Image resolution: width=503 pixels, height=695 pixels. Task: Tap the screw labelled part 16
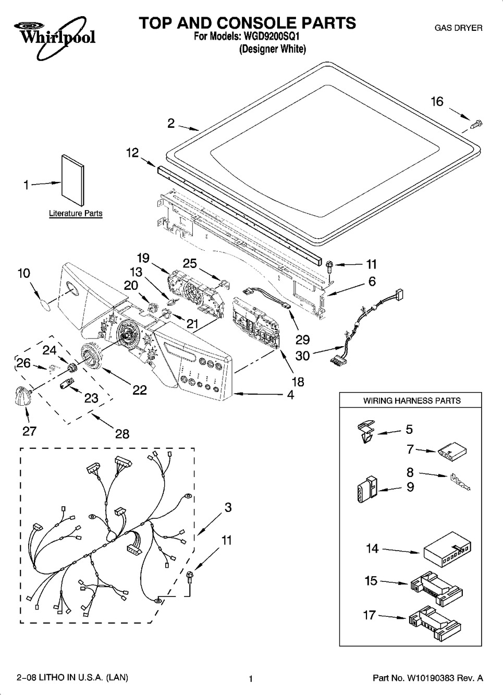[x=476, y=124]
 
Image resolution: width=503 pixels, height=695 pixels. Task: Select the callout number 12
[x=133, y=153]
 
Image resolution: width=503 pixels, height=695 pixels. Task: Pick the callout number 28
[x=122, y=433]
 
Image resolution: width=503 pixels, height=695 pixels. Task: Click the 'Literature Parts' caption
[x=76, y=213]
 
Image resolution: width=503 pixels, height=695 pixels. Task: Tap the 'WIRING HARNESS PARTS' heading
[x=412, y=401]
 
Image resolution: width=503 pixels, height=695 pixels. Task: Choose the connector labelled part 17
[x=434, y=619]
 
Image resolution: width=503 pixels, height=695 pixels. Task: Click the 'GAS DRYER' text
[x=459, y=28]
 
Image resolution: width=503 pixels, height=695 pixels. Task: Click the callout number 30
[x=302, y=356]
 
